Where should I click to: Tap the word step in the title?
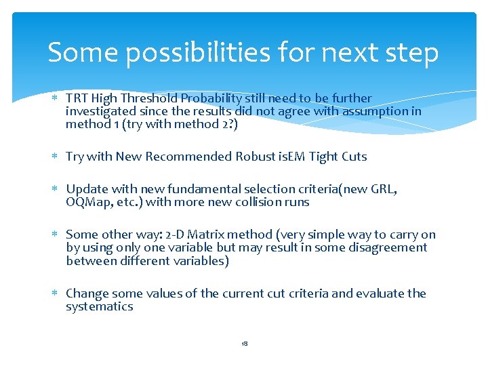point(409,53)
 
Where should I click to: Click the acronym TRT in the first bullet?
point(77,98)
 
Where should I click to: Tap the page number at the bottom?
point(244,344)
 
